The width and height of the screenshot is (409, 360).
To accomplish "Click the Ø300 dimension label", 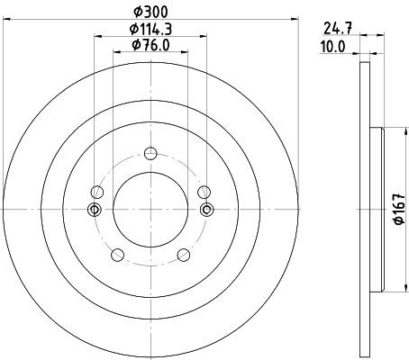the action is (150, 12).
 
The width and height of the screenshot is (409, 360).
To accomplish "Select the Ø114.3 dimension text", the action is (150, 30).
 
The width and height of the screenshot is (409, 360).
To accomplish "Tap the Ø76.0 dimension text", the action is (150, 45).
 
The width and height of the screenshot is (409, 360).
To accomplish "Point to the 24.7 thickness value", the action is (338, 29).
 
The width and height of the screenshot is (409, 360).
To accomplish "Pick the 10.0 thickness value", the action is (333, 47).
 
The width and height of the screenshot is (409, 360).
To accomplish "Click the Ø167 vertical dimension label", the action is (399, 209).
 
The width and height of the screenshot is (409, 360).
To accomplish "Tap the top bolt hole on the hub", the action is (150, 154).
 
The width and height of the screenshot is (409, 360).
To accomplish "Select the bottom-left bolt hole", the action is (117, 255).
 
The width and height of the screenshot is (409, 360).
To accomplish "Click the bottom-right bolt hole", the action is (184, 255).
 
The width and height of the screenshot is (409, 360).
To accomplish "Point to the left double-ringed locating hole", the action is (95, 210).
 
